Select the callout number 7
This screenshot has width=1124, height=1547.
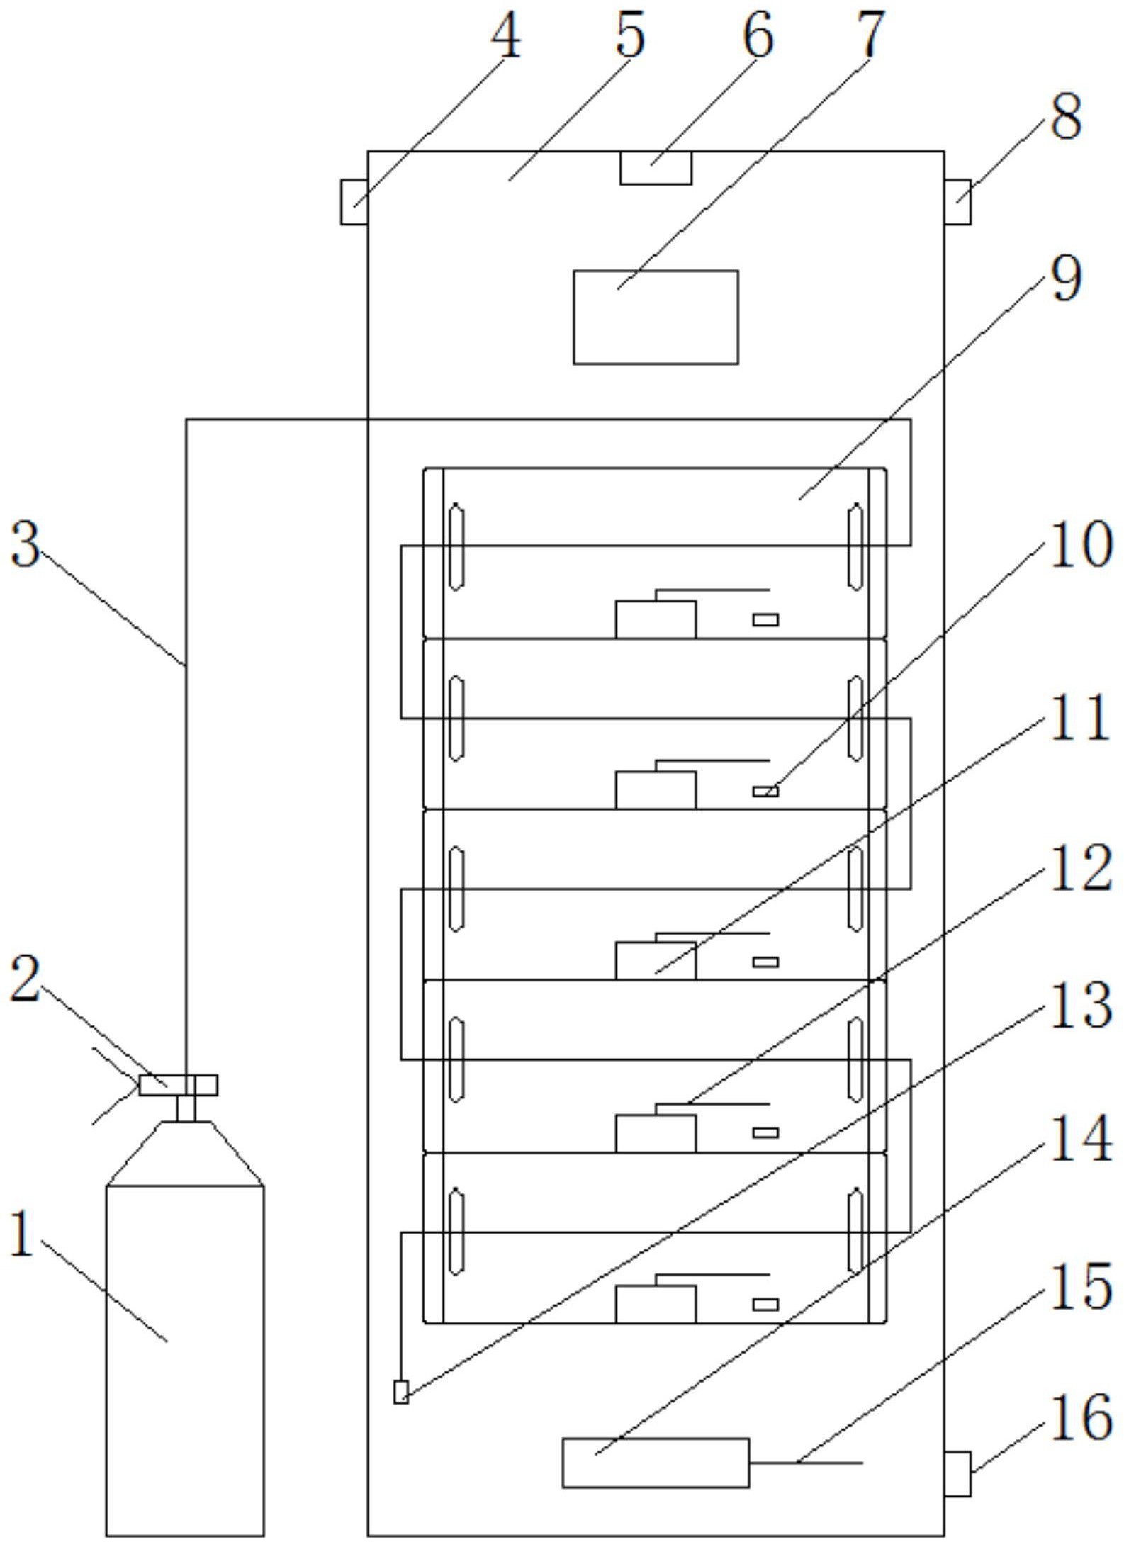pyautogui.click(x=870, y=34)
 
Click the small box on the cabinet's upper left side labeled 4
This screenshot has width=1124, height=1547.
pyautogui.click(x=354, y=202)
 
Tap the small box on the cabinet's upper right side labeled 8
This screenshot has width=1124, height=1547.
pyautogui.click(x=957, y=202)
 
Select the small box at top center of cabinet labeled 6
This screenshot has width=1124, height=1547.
pyautogui.click(x=656, y=168)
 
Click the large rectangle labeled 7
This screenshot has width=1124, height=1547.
pyautogui.click(x=656, y=317)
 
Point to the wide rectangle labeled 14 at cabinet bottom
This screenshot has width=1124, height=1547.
pyautogui.click(x=656, y=1463)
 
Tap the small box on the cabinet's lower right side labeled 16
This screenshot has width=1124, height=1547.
pyautogui.click(x=957, y=1473)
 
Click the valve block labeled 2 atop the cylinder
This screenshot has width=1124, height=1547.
pyautogui.click(x=177, y=1085)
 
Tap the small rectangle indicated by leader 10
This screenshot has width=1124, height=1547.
pyautogui.click(x=765, y=791)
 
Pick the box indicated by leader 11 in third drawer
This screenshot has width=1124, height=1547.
pyautogui.click(x=656, y=961)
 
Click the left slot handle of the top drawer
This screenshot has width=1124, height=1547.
pyautogui.click(x=456, y=546)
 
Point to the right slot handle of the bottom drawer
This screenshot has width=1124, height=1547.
pyautogui.click(x=856, y=1232)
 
